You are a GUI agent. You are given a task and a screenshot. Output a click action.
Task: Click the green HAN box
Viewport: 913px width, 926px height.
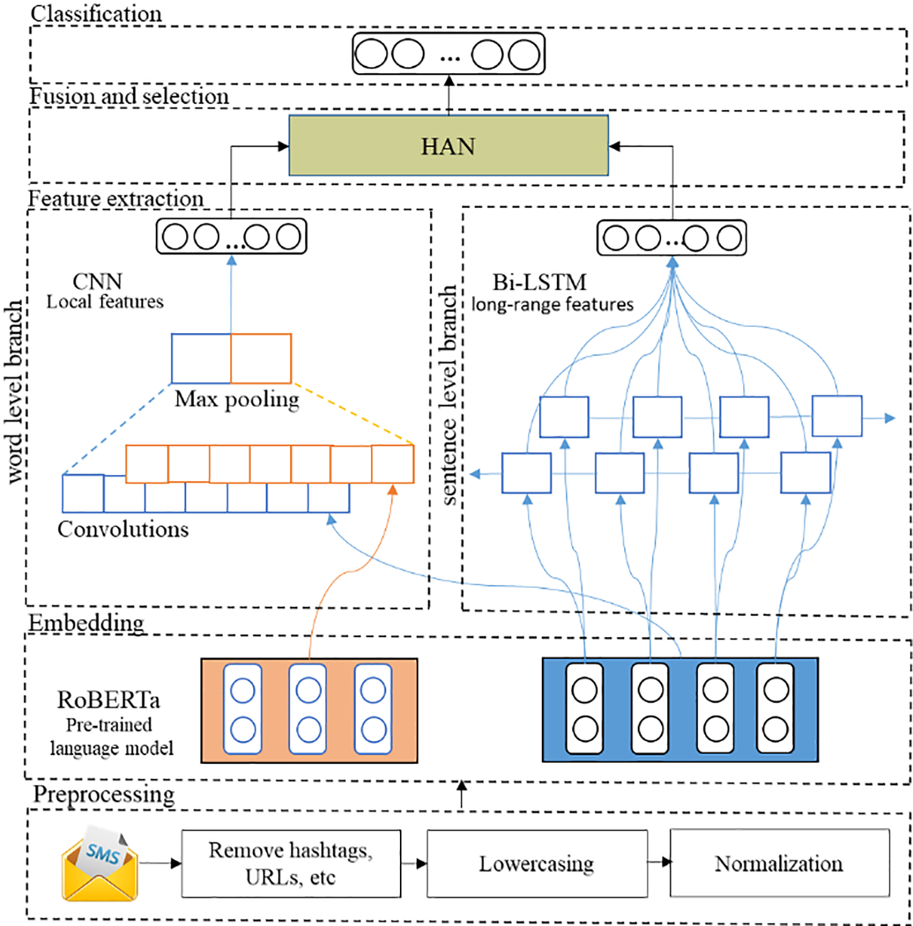coord(449,146)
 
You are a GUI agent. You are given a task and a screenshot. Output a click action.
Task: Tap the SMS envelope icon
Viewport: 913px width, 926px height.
coord(100,864)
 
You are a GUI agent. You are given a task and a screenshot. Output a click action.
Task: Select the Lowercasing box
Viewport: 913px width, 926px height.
coord(537,863)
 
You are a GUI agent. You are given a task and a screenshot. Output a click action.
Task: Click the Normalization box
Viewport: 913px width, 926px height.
coord(779,863)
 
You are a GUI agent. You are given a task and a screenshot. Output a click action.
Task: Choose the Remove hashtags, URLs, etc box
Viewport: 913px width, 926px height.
coord(291,863)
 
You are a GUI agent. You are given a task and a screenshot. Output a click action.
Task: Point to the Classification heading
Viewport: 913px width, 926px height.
coord(96,14)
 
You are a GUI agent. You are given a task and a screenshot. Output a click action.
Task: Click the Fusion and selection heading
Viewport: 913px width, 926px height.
coord(129,96)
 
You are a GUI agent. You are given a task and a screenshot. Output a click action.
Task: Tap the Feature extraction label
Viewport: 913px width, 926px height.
coord(116,198)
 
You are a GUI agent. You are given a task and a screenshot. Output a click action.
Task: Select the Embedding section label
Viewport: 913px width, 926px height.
coord(86,623)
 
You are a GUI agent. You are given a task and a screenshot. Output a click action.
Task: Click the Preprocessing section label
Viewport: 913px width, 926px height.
coord(103,794)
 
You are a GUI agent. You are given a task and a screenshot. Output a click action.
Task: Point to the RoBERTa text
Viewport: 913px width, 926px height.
coord(109,700)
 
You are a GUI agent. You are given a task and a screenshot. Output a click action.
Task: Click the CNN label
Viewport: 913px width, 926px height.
coord(97,281)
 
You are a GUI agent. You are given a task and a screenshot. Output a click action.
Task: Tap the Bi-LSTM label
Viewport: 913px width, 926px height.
coord(539,282)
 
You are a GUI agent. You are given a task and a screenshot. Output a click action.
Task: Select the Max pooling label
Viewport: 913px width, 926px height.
coord(237,399)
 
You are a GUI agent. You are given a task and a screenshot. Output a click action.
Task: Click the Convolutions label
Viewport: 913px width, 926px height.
coord(123,529)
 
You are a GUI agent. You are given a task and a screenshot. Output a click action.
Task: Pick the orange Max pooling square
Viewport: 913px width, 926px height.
coord(261,358)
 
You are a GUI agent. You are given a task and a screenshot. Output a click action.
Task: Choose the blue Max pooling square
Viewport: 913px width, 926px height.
coord(201,358)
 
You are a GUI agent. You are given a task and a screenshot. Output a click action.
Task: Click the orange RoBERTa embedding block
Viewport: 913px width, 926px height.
coord(309,710)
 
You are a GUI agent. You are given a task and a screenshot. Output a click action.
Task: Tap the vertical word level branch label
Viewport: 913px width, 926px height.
coord(14,393)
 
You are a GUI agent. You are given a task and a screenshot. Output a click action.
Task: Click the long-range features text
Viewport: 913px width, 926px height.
coord(552,304)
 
